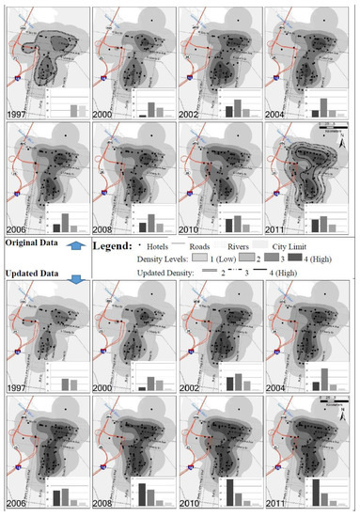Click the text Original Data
pos(33,243)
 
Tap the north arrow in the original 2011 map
pos(347,131)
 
